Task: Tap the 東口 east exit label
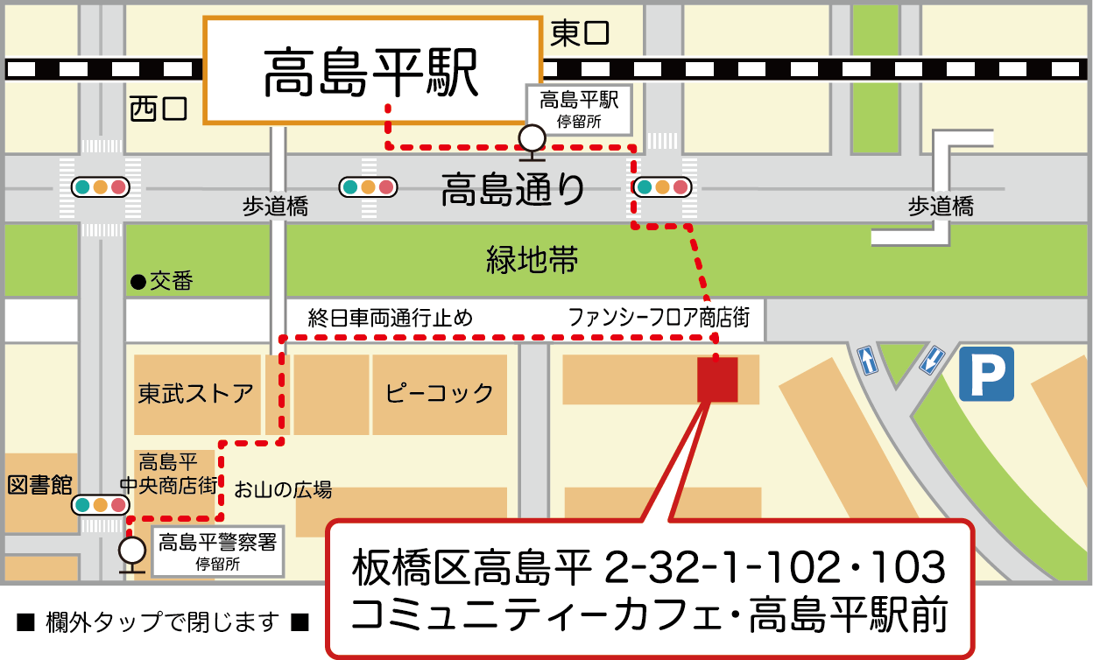[579, 34]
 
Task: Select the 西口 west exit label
[159, 109]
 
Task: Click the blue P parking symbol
[986, 374]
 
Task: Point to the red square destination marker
[717, 380]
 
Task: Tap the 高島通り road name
[512, 189]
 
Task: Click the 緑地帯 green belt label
[532, 260]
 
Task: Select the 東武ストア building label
[196, 393]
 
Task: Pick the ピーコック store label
[440, 393]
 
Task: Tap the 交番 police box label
[161, 281]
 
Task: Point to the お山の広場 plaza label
[282, 489]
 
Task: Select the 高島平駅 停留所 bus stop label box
[578, 109]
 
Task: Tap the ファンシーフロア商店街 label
[659, 317]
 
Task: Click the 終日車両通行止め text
[390, 317]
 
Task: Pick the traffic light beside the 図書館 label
[100, 505]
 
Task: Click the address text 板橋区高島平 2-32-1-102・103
[649, 568]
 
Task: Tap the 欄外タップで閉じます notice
[164, 622]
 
